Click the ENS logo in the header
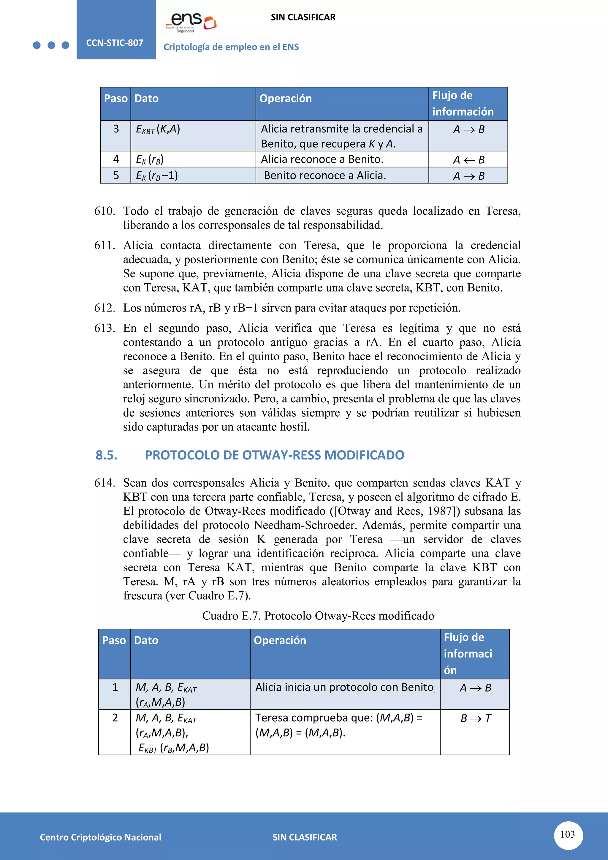click(191, 22)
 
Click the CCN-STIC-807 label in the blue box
click(115, 43)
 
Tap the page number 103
click(567, 834)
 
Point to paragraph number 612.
click(104, 308)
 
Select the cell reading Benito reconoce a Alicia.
click(324, 175)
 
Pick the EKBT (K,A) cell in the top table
click(158, 129)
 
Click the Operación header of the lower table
click(280, 640)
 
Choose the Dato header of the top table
click(146, 99)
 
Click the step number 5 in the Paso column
click(116, 175)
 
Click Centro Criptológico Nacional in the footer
click(100, 837)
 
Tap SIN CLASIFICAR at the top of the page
click(303, 17)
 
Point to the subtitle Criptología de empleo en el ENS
click(231, 47)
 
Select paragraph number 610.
click(104, 211)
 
